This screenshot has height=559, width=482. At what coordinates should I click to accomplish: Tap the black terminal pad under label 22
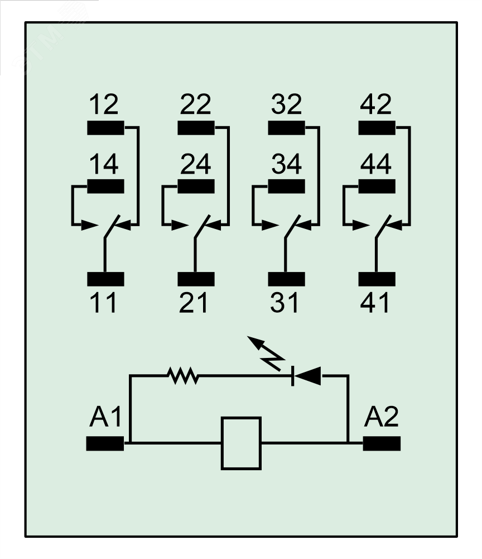point(196,128)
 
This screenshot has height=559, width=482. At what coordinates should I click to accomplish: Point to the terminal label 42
point(377,105)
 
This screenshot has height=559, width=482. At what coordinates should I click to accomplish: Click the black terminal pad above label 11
point(105,278)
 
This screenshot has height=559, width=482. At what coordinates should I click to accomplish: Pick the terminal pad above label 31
point(286,278)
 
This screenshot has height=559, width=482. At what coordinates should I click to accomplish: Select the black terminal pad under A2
point(382,443)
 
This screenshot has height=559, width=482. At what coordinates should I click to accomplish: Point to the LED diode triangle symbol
point(307,376)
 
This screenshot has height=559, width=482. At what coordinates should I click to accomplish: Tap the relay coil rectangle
point(241,443)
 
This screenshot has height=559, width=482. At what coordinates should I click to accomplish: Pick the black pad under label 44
point(377,186)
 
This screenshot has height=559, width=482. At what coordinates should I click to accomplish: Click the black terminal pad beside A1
point(105,443)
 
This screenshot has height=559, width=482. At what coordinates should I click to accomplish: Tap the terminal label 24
point(196,164)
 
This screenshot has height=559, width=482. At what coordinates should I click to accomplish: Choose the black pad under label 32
point(286,128)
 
